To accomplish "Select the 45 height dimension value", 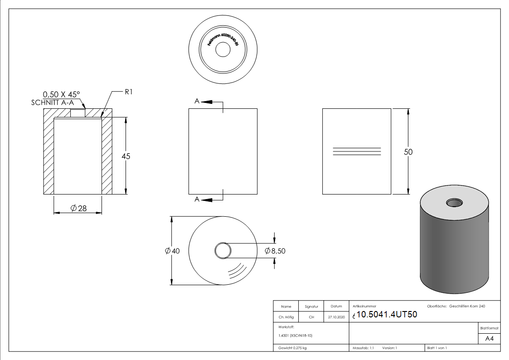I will click(x=126, y=156).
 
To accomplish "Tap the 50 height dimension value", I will click(x=408, y=152).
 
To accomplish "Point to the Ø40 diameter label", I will click(x=173, y=251).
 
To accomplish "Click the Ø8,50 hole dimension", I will click(x=275, y=251).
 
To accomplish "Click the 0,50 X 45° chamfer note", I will click(x=61, y=94).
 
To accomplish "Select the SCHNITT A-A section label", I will click(x=52, y=102).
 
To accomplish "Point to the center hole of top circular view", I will click(x=223, y=50).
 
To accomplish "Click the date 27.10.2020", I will click(x=336, y=317).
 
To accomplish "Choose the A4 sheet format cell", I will click(x=489, y=339).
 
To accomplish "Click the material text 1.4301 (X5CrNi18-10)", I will click(x=295, y=336).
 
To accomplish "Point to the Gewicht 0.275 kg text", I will click(x=292, y=348).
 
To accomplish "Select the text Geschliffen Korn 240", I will click(x=467, y=306).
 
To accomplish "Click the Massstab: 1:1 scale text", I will click(x=363, y=348).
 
